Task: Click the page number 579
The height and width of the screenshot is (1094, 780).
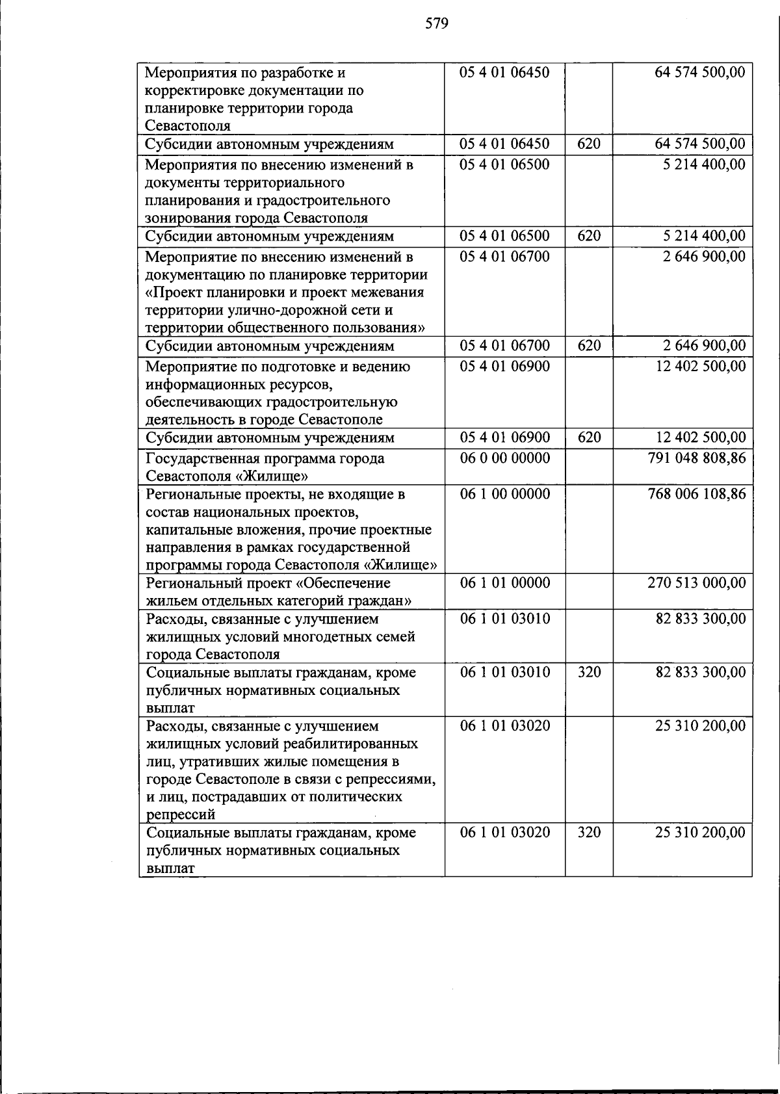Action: (437, 25)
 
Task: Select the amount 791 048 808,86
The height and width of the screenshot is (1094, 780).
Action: (697, 458)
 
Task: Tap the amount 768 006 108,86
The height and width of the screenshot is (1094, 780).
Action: (697, 494)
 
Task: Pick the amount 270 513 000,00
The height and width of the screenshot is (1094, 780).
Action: (697, 583)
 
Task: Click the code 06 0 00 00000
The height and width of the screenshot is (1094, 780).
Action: (504, 458)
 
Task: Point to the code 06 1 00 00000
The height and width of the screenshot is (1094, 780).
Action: (504, 494)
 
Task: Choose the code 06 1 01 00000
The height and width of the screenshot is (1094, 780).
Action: (504, 583)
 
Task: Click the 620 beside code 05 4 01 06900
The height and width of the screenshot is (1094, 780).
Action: (589, 437)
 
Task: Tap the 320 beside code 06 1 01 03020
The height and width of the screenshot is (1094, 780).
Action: (589, 833)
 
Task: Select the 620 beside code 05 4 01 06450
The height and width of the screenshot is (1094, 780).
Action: (589, 144)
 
